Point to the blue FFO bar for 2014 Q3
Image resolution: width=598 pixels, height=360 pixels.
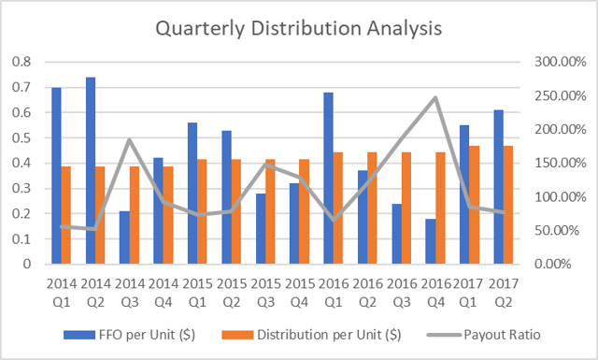[124, 238]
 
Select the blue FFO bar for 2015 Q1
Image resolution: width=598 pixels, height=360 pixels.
[192, 193]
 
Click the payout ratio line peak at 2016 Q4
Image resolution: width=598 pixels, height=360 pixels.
[435, 97]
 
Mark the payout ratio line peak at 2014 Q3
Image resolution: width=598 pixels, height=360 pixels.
[131, 139]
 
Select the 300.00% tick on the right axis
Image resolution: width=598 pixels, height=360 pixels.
[551, 62]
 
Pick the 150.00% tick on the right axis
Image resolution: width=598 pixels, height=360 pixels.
[551, 163]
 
